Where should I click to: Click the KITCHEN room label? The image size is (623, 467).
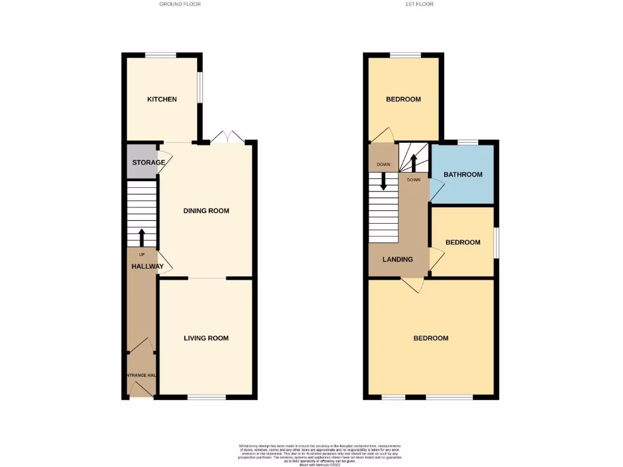162,99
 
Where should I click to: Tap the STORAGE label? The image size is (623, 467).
148,162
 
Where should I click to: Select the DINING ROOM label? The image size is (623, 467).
206,211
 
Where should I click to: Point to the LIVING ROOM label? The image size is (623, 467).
206,338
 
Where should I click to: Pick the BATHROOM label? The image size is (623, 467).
463,175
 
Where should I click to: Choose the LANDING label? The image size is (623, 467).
397,260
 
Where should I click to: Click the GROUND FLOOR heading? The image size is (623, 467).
180,4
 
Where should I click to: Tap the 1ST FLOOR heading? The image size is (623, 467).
419,4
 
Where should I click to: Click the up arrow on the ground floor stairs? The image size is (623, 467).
142,236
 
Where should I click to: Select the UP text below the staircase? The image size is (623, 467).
142,254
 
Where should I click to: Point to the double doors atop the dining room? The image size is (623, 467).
228,137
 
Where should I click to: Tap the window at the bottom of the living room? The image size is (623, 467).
207,397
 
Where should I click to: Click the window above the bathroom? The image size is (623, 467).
468,142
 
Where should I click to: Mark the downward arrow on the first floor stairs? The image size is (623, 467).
384,181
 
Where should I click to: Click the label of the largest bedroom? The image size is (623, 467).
431,338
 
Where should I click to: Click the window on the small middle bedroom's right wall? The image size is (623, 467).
495,242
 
